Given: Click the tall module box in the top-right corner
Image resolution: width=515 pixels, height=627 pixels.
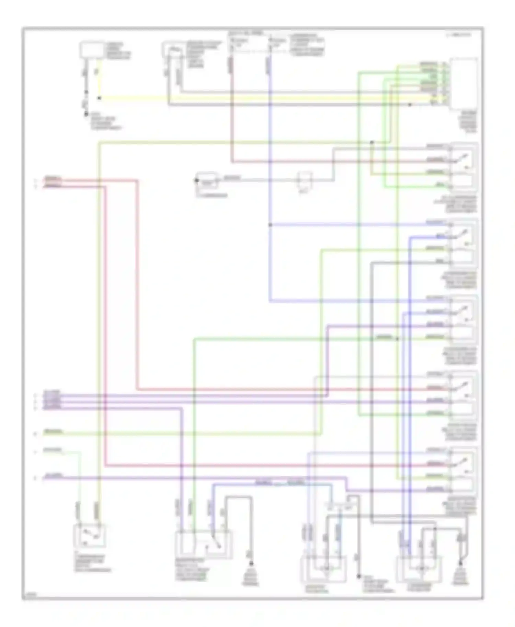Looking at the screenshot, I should click(463, 83).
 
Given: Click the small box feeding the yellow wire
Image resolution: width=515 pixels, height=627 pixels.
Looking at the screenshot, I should click(91, 50).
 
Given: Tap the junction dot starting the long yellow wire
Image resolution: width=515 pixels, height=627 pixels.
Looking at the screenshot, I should click(99, 98).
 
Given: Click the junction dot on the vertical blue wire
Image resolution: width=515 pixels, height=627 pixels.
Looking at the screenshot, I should click(270, 225).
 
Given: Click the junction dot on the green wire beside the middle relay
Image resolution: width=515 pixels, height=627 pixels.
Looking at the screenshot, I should click(397, 339).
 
